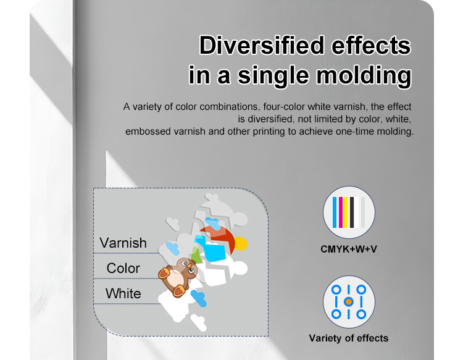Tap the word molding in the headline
[x=364, y=76]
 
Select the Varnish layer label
[x=123, y=243]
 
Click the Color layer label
[x=123, y=269]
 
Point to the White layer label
[x=123, y=293]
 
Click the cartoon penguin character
[x=178, y=277]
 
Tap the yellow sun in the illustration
[x=241, y=244]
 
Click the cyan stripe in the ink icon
[x=335, y=212]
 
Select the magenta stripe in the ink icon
[x=340, y=212]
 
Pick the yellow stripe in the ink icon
[x=346, y=212]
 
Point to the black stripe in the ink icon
[x=352, y=212]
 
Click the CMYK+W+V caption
[x=349, y=249]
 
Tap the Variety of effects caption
[x=349, y=338]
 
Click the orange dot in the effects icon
[x=349, y=302]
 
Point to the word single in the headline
[x=273, y=76]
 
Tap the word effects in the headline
[x=371, y=45]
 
